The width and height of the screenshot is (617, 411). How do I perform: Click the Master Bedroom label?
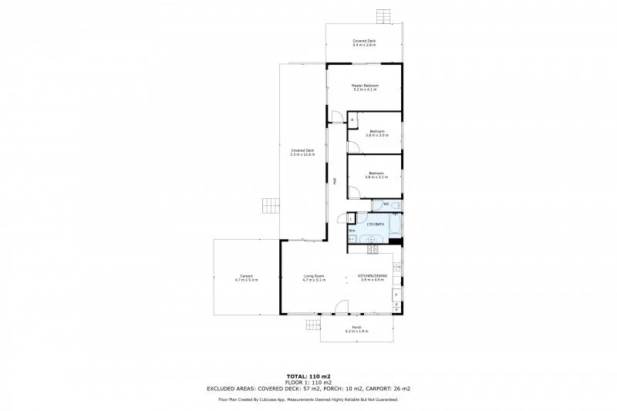364,87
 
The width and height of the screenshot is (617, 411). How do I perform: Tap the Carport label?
247,278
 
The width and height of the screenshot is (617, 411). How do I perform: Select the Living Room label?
314,278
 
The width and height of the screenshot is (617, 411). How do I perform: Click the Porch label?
356,329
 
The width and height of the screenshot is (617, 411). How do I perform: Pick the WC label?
376,204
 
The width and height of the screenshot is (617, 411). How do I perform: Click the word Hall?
335,182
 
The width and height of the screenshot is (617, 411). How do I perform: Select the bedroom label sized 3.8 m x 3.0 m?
376,133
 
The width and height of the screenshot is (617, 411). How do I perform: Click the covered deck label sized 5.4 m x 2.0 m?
364,43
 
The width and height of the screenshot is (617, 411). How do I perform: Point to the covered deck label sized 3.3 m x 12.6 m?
302,152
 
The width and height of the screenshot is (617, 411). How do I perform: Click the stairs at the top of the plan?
383,15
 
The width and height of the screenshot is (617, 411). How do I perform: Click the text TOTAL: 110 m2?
308,376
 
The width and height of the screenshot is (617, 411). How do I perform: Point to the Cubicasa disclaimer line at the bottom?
308,400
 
